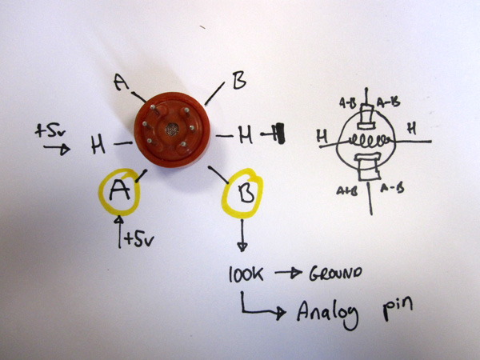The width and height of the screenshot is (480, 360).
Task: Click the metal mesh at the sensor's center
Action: point(170,128)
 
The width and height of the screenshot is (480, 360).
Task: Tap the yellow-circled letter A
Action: point(118,190)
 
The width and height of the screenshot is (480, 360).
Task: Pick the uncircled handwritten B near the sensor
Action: point(238,81)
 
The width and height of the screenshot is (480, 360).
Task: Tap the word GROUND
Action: point(334,273)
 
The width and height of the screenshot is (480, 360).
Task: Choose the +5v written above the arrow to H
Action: point(50,129)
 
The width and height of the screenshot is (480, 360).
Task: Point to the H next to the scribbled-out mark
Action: point(245,135)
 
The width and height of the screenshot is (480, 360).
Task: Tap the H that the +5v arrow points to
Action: point(98,146)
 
